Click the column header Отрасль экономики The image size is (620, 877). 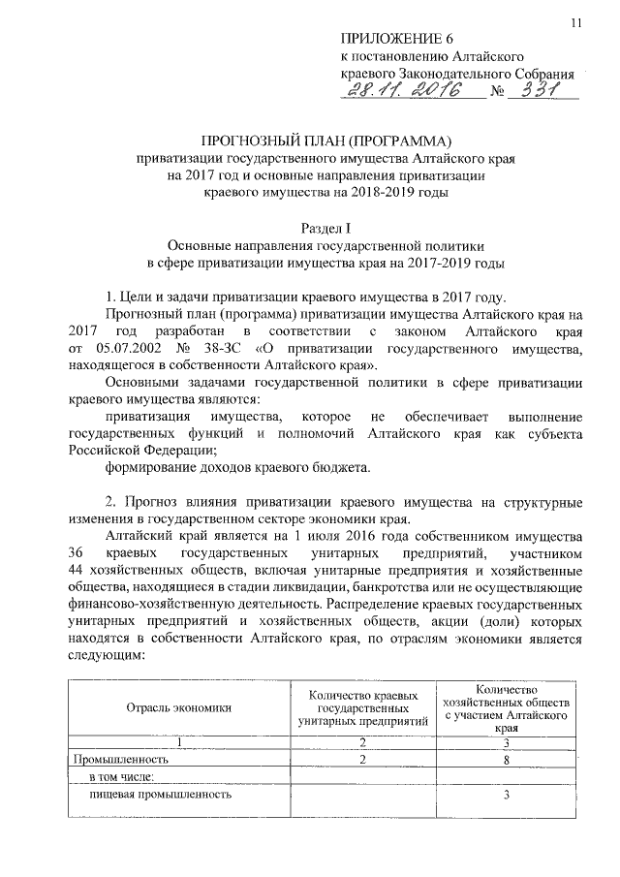[x=179, y=708]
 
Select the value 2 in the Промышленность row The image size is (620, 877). [x=363, y=760]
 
